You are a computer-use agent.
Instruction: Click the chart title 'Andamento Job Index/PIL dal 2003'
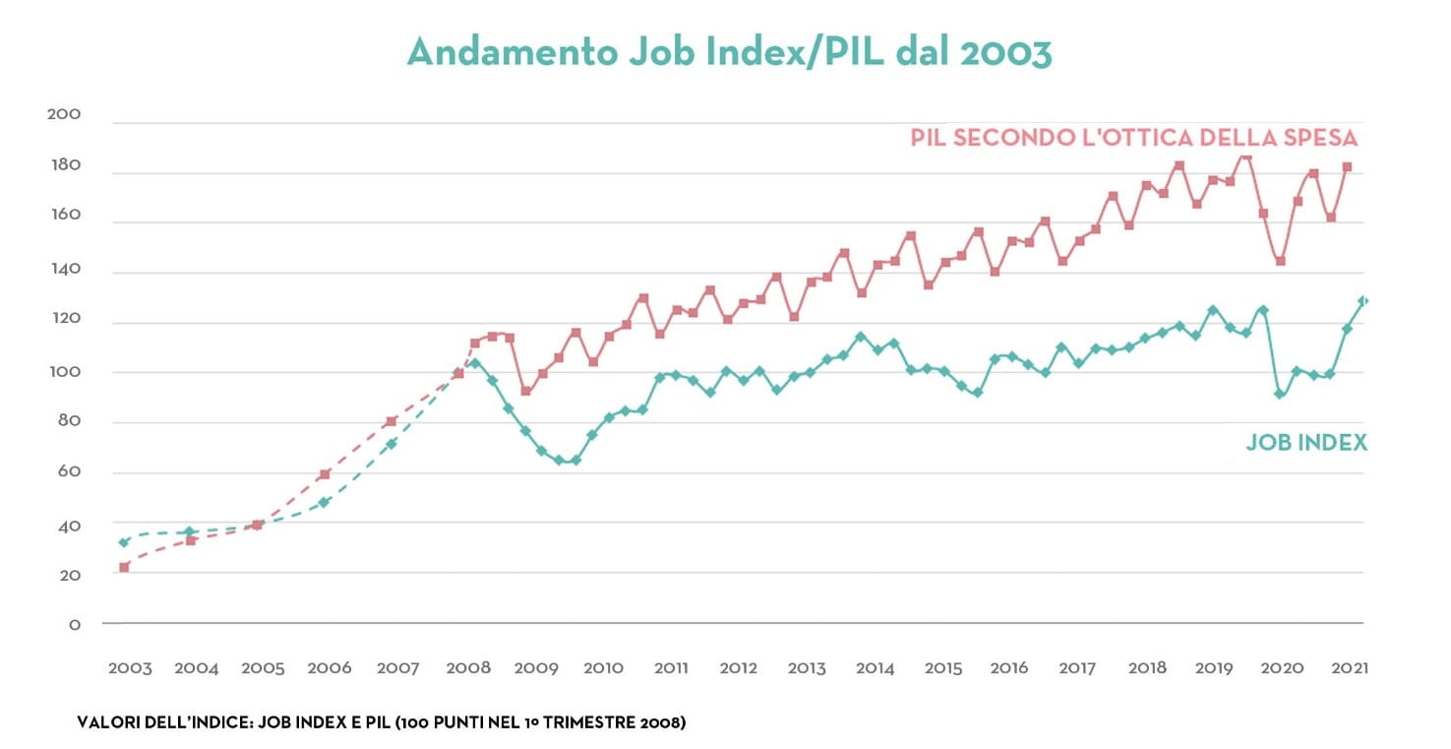[729, 52]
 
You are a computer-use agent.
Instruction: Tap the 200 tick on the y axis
[64, 116]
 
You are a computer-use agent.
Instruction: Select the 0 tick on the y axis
[74, 624]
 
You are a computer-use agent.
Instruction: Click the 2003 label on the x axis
[130, 668]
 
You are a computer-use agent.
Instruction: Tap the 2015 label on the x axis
[943, 668]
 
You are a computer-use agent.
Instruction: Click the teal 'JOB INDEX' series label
[1306, 443]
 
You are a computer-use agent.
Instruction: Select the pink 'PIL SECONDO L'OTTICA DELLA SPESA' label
[1133, 138]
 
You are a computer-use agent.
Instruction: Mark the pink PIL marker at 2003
[124, 567]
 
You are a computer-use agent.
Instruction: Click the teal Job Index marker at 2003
[124, 542]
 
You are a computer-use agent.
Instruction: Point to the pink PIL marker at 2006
[325, 474]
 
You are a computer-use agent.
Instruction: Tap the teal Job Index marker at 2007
[392, 444]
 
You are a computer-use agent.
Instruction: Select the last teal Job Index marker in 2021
[1363, 301]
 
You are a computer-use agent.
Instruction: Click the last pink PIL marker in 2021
[1348, 167]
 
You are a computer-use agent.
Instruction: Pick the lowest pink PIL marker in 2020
[1280, 261]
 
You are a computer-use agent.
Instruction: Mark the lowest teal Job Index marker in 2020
[1279, 394]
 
